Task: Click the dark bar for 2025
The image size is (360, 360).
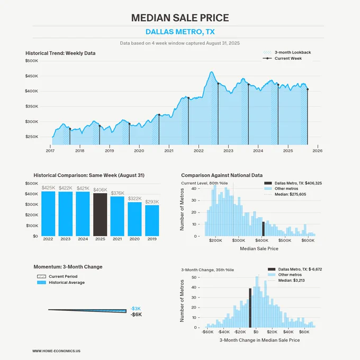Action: pyautogui.click(x=100, y=214)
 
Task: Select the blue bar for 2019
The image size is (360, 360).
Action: pyautogui.click(x=152, y=221)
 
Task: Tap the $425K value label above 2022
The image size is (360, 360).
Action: pyautogui.click(x=48, y=188)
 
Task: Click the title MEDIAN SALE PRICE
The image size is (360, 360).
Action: pyautogui.click(x=180, y=17)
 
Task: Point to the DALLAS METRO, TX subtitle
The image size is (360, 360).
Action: pyautogui.click(x=180, y=32)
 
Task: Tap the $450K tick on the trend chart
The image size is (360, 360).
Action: pyautogui.click(x=32, y=76)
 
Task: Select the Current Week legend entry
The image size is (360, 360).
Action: pyautogui.click(x=282, y=58)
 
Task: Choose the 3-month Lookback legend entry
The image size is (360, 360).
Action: pyautogui.click(x=287, y=52)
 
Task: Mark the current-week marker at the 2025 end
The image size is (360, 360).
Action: pyautogui.click(x=308, y=89)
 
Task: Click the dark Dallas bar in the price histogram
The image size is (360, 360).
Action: pyautogui.click(x=263, y=229)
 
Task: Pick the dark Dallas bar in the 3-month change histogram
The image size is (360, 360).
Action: pyautogui.click(x=250, y=308)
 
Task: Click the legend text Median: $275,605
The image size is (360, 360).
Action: pyautogui.click(x=290, y=194)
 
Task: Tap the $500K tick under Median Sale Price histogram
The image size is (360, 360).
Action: pyautogui.click(x=285, y=240)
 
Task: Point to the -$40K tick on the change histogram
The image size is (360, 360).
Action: pyautogui.click(x=223, y=332)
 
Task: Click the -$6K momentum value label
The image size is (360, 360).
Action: pyautogui.click(x=136, y=314)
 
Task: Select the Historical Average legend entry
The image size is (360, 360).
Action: pyautogui.click(x=61, y=282)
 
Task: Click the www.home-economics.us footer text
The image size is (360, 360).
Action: pyautogui.click(x=56, y=351)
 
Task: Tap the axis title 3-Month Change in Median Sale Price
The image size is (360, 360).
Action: pyautogui.click(x=259, y=340)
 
